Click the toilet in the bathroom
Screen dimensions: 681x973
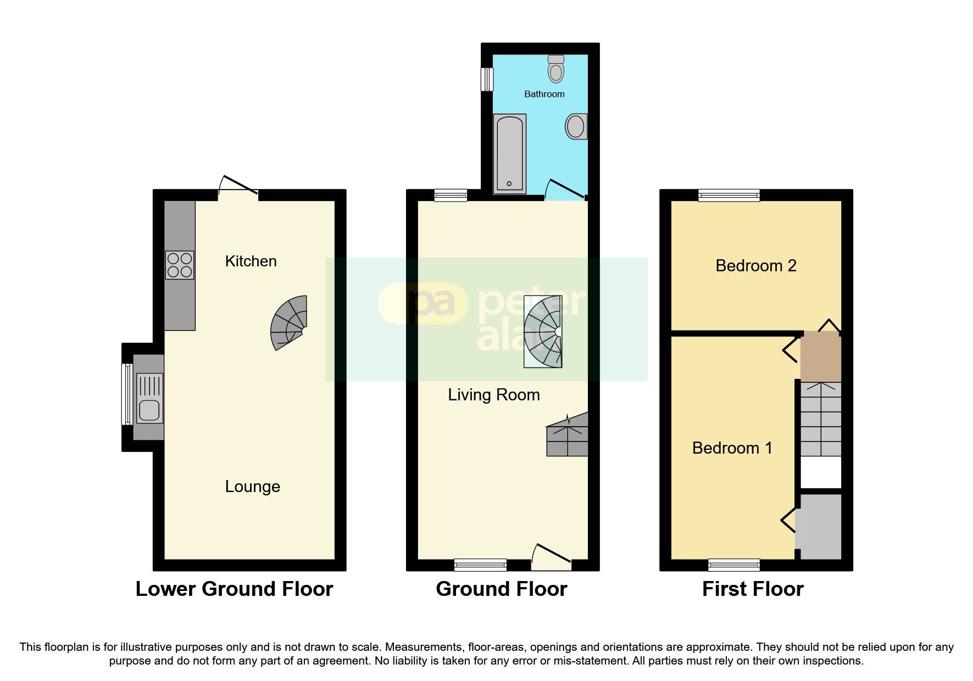pos(556,69)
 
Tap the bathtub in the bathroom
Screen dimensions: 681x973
pos(509,153)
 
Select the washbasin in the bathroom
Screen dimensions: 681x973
pos(576,126)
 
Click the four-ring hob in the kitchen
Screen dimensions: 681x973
pos(180,265)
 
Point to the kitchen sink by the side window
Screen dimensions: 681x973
pos(149,398)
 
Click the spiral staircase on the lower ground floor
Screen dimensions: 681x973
pos(290,322)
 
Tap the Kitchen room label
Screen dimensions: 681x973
pos(251,261)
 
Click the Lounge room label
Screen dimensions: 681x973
pos(252,487)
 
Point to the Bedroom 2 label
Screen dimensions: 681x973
pos(755,266)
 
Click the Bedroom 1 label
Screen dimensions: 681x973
pos(732,448)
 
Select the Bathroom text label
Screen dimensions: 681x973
pos(544,94)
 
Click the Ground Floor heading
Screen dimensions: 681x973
pos(501,589)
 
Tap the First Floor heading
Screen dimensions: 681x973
pos(752,589)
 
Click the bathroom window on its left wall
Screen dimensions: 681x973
pos(486,79)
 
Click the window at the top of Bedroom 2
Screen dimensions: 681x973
pos(729,195)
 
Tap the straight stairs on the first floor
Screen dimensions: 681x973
pos(820,419)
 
